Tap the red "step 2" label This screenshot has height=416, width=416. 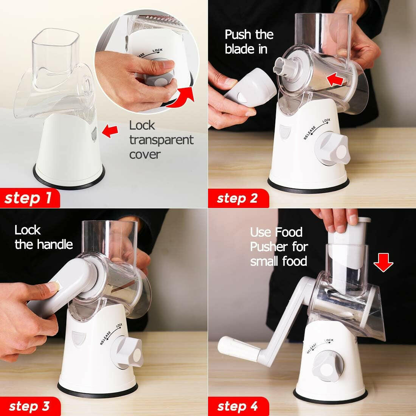pos(237,198)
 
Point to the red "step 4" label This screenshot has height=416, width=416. pos(237,406)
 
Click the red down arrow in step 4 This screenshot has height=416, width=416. pos(384,262)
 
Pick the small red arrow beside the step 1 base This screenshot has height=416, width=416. pos(110,132)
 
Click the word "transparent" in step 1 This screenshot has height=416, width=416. pos(161,140)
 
